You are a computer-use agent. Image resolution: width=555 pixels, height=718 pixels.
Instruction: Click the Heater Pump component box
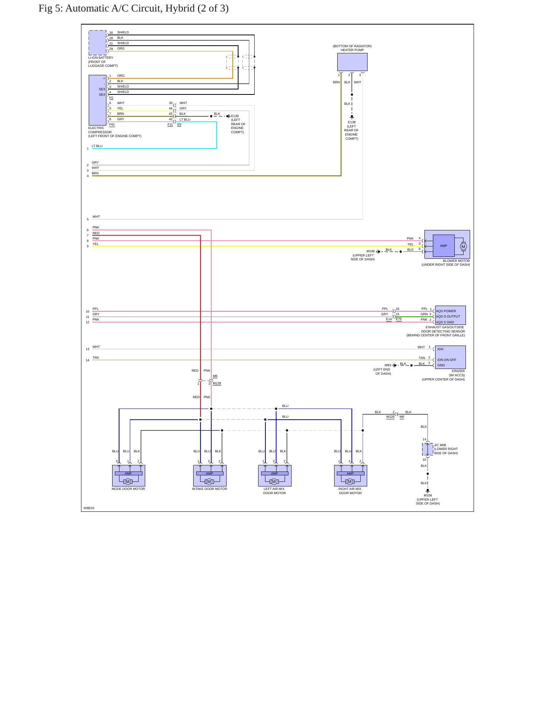352,62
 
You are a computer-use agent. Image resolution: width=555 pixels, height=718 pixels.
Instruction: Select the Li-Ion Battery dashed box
98,43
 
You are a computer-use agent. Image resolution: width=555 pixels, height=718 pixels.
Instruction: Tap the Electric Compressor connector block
98,100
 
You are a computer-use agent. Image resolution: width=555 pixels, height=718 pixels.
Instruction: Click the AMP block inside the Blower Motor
444,246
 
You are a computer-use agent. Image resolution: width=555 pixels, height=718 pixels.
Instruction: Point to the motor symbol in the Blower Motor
463,247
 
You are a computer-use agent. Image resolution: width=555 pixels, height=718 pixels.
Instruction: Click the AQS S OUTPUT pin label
448,316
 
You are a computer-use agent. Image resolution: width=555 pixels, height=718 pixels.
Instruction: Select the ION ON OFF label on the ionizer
447,360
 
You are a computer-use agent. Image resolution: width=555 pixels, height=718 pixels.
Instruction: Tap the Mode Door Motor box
128,476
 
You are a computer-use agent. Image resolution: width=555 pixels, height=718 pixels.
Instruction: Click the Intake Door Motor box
210,476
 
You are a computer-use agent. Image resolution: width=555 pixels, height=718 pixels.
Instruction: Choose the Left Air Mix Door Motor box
275,476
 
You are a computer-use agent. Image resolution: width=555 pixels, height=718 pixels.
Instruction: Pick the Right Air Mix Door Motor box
350,476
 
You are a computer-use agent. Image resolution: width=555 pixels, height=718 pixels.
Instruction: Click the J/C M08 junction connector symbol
427,449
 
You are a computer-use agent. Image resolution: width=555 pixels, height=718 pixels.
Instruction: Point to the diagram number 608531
89,508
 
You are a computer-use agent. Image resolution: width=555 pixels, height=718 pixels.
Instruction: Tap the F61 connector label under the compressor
112,124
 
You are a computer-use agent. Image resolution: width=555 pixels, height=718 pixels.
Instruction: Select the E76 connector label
399,319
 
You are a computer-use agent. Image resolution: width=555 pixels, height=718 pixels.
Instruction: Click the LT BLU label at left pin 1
97,146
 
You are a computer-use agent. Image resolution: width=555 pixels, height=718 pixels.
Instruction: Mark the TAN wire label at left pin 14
96,357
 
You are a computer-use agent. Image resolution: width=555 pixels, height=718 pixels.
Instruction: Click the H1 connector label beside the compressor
111,98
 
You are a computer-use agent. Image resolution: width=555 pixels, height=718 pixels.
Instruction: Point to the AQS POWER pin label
446,311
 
